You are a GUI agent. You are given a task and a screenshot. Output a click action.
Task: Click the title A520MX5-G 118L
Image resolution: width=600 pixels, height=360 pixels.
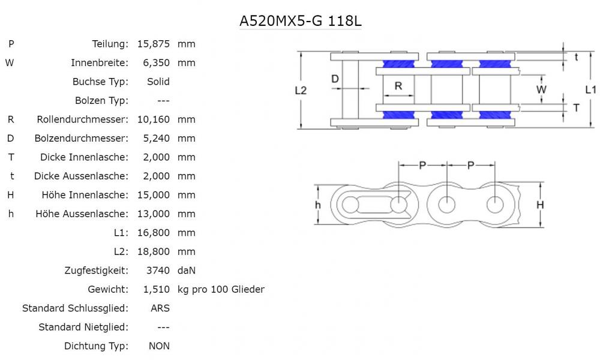point(301,21)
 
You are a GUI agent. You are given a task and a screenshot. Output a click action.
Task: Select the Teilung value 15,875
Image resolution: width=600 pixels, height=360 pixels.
point(154,44)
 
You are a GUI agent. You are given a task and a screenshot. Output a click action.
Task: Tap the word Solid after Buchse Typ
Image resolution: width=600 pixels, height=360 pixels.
point(158,82)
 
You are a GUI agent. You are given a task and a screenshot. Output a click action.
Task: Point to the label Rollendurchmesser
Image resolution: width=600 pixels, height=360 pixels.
point(83,119)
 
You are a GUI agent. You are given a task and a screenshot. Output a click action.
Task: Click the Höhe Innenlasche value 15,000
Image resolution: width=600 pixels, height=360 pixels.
point(154,195)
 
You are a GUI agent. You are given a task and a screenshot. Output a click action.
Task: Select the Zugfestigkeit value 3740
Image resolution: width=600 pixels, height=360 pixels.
point(158,271)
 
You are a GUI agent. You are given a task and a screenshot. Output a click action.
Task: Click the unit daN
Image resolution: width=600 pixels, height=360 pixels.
point(187,271)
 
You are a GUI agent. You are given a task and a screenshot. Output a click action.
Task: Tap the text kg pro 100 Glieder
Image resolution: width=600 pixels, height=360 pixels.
point(221,289)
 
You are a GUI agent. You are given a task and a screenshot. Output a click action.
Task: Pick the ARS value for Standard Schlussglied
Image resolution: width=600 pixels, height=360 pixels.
point(160,308)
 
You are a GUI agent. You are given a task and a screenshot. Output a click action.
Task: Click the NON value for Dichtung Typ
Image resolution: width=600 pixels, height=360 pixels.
point(160,346)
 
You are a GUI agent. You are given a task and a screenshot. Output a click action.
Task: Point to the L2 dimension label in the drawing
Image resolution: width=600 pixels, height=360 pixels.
point(301,90)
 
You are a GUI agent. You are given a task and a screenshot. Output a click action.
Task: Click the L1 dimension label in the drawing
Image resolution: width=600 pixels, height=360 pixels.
point(590,89)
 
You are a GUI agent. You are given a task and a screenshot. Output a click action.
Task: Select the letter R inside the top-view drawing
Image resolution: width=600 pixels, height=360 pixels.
point(398,86)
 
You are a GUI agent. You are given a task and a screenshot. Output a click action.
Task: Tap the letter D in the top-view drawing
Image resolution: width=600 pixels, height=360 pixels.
point(335,79)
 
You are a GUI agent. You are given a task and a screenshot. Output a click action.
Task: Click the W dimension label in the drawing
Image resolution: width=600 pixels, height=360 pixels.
point(542,89)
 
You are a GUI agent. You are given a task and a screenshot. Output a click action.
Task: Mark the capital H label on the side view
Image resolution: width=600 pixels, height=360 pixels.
point(540,205)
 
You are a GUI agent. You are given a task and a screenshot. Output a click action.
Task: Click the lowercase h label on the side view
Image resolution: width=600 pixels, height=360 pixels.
point(318,205)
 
